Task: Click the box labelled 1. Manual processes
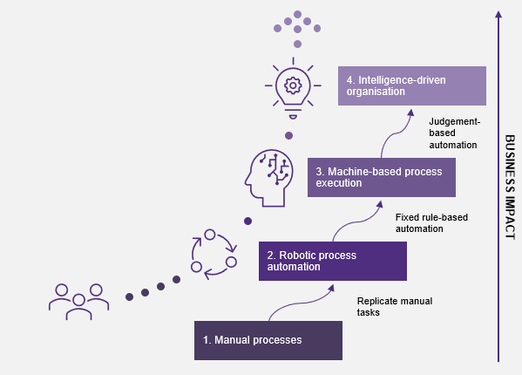tap(268, 340)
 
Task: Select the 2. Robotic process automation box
tap(333, 261)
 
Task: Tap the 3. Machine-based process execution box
tap(382, 178)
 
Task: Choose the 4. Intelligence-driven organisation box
tap(412, 86)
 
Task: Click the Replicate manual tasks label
tap(395, 307)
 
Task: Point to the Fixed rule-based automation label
tap(431, 223)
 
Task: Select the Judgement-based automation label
tap(454, 133)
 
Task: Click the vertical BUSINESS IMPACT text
tap(510, 187)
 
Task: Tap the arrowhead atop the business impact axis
tap(498, 14)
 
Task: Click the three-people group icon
tap(78, 302)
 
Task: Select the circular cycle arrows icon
tap(214, 254)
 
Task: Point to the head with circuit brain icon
tap(269, 178)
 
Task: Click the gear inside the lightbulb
tap(293, 85)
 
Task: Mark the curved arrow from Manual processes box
tap(302, 303)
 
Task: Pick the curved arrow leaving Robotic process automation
tap(358, 222)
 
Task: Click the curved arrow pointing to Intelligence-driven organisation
tap(396, 133)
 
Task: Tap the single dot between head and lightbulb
tap(289, 135)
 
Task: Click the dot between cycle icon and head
tap(247, 221)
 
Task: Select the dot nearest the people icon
tap(130, 297)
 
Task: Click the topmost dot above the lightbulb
tap(298, 14)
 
